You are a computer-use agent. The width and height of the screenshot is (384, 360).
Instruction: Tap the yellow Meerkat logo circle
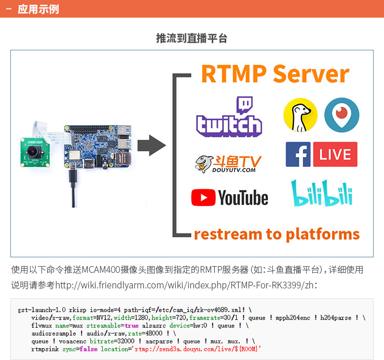pos(300,115)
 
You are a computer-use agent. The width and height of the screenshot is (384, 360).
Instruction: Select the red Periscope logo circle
pos(341,115)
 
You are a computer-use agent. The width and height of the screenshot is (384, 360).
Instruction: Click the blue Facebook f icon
pos(298,155)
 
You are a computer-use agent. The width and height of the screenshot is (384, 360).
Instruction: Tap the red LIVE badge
pos(335,155)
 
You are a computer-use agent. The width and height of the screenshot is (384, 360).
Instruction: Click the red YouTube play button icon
pos(203,198)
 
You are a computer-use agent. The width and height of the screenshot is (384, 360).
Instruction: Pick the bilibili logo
pos(321,193)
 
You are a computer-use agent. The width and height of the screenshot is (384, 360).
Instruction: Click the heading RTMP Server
pos(275,74)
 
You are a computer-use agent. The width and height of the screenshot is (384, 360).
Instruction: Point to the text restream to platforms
pos(277,234)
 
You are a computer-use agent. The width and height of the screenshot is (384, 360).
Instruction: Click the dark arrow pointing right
pos(154,145)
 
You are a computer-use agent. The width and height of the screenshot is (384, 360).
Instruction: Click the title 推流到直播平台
pos(191,38)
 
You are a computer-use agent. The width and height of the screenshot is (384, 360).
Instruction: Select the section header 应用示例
pos(38,9)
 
